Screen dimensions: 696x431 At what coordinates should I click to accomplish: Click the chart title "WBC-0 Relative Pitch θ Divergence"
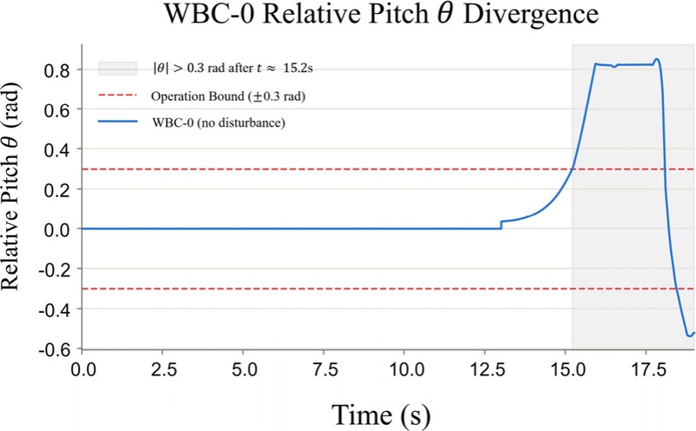coord(381,14)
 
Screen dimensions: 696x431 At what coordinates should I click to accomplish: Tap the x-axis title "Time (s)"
coord(381,414)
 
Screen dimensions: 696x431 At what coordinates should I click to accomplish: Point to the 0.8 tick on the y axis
coord(57,70)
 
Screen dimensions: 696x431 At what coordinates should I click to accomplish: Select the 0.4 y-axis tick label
coord(57,149)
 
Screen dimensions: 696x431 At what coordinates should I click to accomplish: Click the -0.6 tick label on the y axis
coord(54,349)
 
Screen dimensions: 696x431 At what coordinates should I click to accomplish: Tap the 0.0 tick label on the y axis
coord(57,229)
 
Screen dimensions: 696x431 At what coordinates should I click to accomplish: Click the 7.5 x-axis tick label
coord(324,368)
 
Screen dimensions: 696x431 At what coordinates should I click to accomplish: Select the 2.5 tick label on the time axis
coord(163,368)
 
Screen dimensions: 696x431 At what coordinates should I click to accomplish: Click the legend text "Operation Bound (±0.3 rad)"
coord(228,96)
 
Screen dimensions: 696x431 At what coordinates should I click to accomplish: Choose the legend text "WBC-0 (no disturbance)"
coord(218,123)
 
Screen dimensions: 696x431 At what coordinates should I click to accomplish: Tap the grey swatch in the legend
coord(117,69)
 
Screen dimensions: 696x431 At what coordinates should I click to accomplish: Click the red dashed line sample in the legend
coord(117,96)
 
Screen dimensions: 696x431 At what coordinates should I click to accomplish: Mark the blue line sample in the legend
coord(117,122)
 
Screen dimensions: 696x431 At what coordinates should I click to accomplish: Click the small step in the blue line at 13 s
coord(501,225)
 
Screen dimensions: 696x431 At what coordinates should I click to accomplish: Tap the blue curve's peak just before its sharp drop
coord(657,59)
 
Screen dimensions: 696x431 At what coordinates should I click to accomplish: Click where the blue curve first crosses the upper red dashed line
coord(572,169)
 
